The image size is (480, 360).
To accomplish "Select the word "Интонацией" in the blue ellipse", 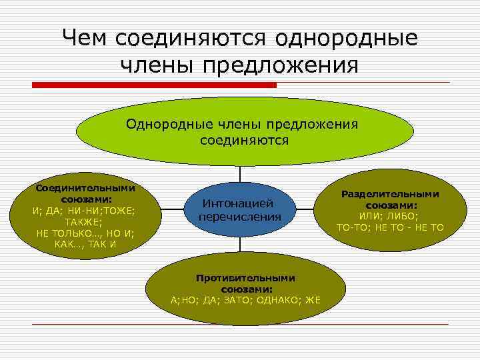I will (x=239, y=203).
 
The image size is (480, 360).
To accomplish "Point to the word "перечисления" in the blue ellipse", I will (x=239, y=217).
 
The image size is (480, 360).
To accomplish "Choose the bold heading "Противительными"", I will (x=245, y=278).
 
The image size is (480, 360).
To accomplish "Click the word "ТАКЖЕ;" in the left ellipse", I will (x=84, y=221).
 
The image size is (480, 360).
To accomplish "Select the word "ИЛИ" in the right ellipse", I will (x=370, y=217).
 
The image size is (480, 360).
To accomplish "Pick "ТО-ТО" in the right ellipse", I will (x=353, y=228).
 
